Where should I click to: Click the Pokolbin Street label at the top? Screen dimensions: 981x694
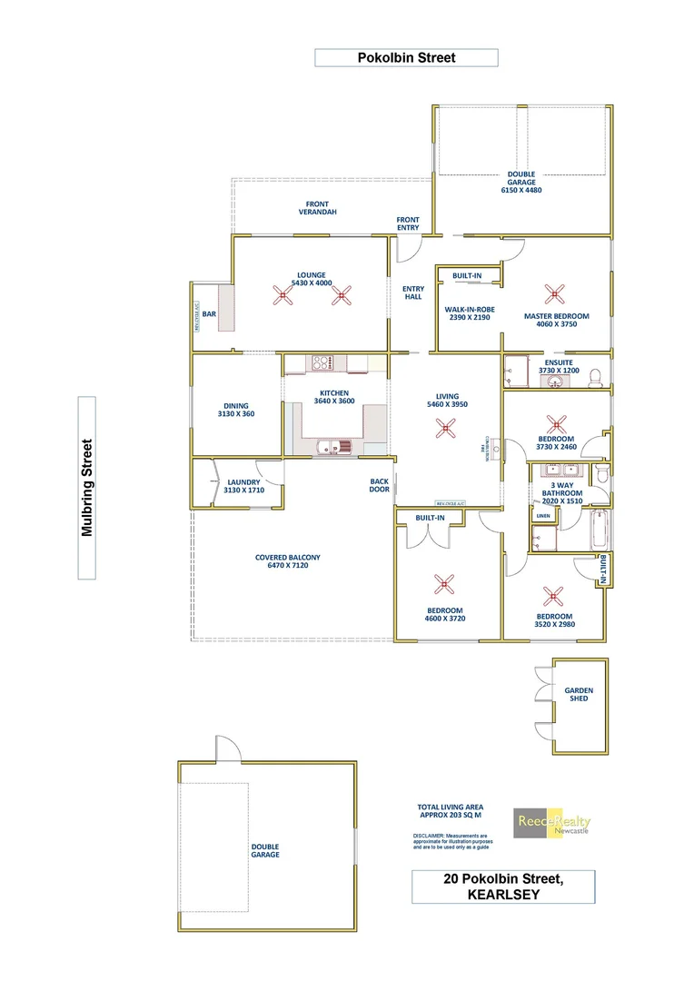(406, 58)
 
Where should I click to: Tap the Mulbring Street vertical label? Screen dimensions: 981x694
(87, 488)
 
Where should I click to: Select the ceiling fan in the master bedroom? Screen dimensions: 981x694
(553, 293)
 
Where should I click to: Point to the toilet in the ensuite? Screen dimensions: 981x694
(595, 376)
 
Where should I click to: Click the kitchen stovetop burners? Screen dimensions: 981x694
(320, 363)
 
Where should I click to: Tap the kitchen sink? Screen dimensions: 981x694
(329, 445)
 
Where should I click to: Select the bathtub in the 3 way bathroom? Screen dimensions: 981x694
(600, 530)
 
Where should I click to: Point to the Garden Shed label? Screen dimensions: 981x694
(579, 694)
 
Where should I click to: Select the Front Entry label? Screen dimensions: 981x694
(408, 223)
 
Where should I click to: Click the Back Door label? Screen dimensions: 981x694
(380, 486)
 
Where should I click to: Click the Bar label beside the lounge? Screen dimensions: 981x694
(209, 314)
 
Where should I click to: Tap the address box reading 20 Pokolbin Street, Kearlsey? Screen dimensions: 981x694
(503, 887)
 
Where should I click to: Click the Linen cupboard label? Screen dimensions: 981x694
(543, 515)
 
